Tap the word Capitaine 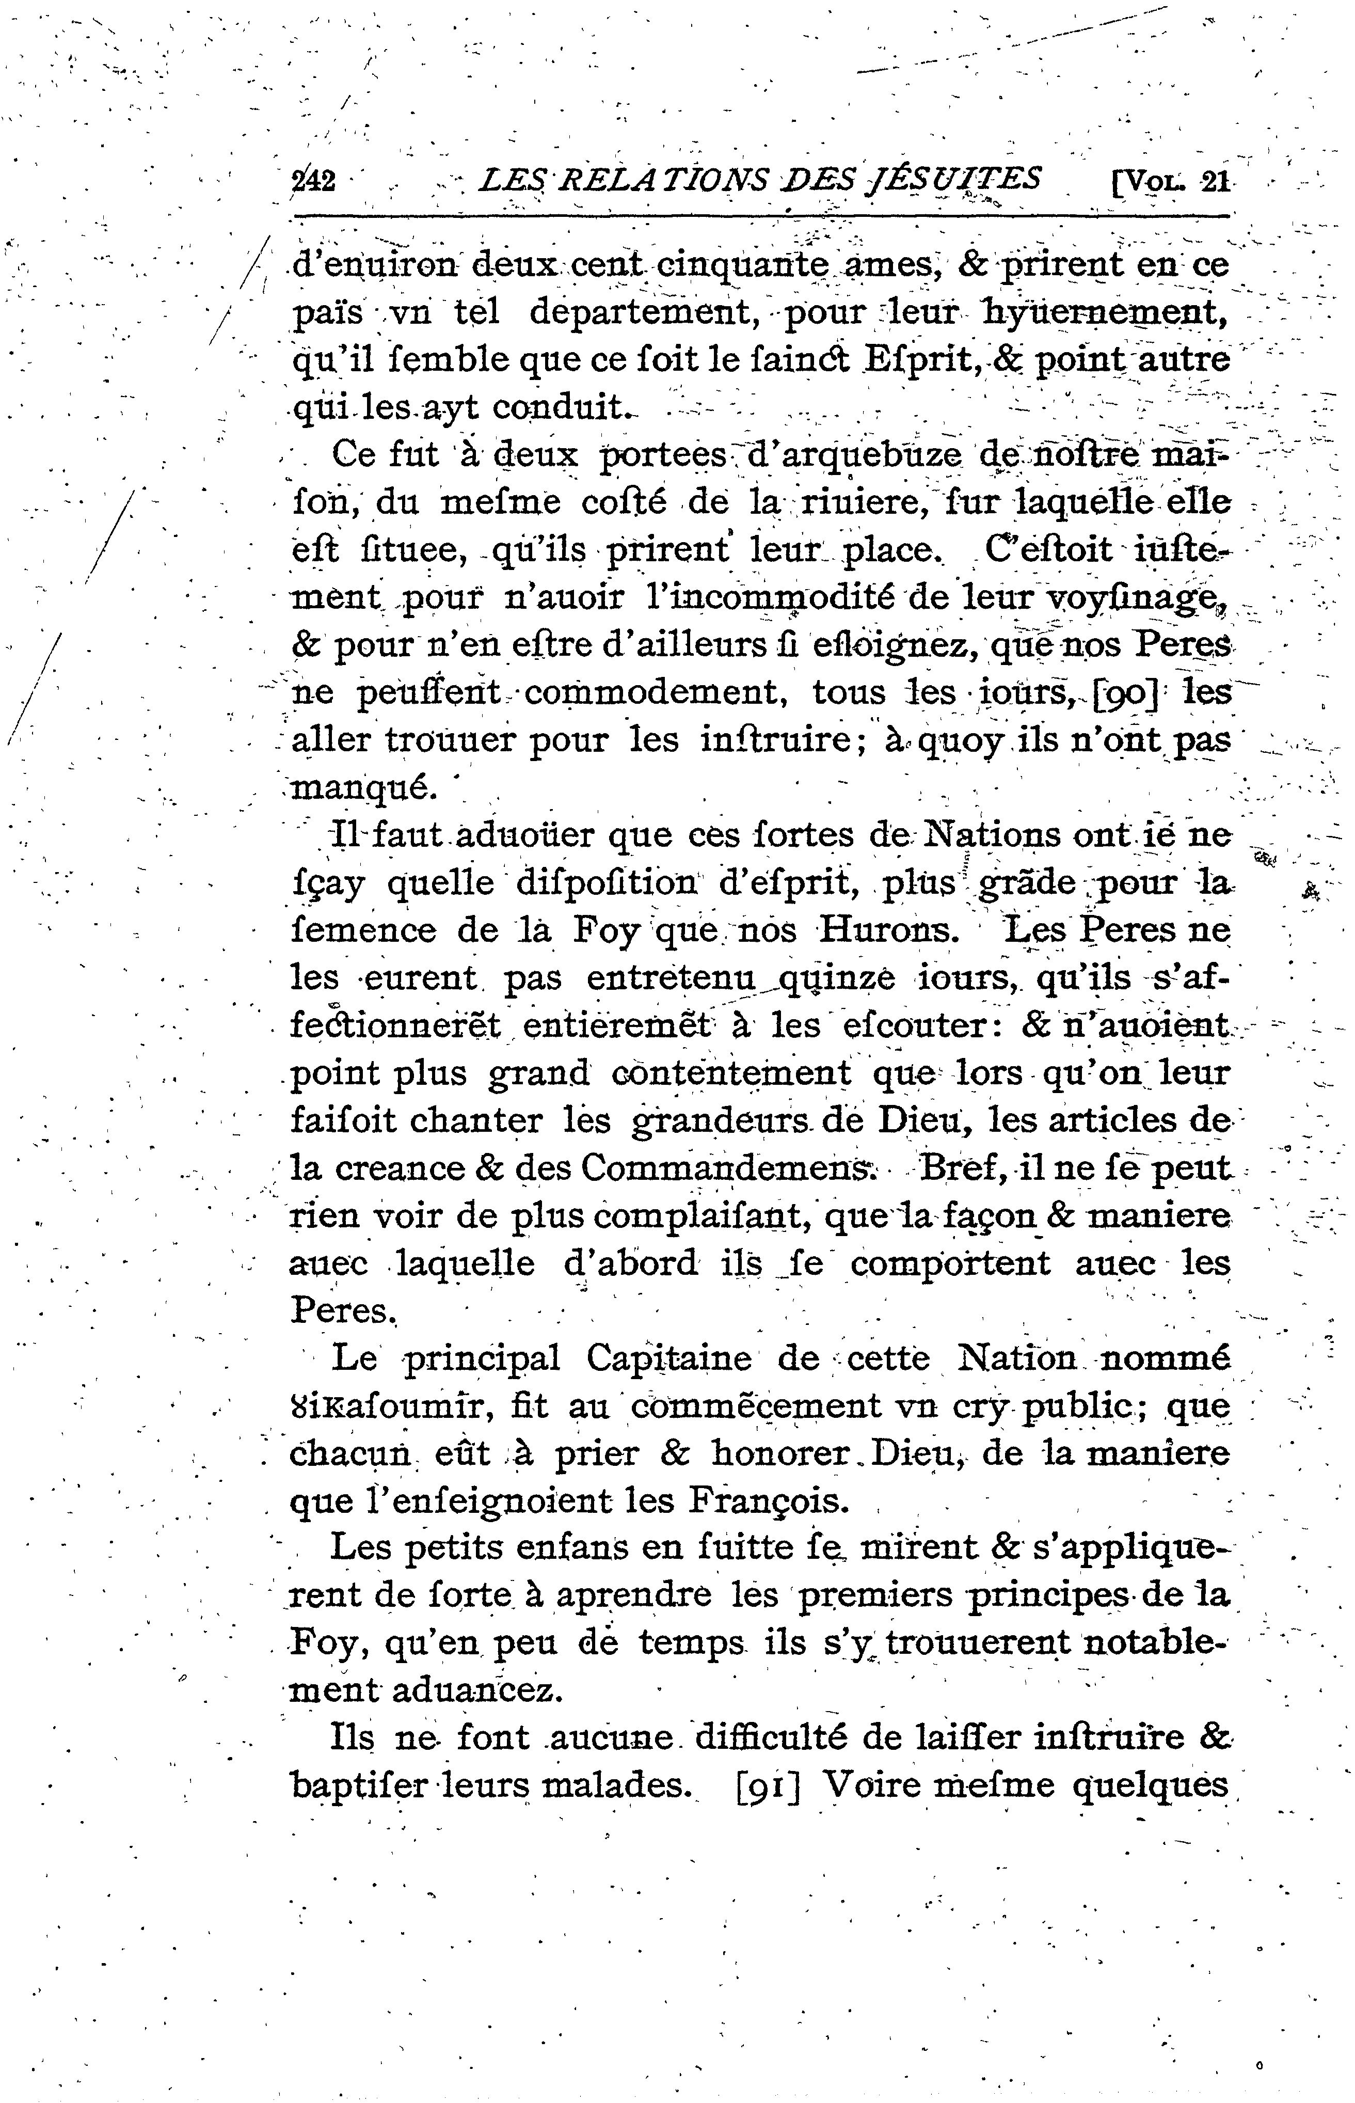(668, 1358)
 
